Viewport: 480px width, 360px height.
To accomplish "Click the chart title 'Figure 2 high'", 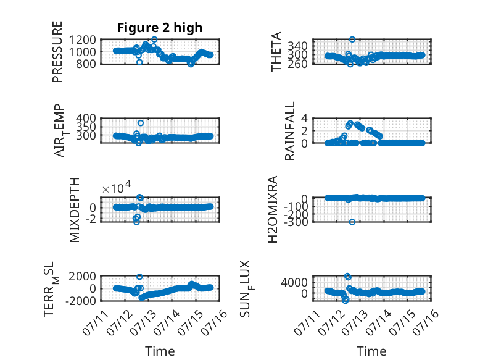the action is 160,28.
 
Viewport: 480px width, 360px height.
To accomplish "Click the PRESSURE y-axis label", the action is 57,52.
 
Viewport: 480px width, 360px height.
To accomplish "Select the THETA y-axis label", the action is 276,52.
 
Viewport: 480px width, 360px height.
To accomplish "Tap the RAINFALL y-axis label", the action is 289,131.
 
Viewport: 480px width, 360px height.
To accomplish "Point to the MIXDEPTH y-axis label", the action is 75,210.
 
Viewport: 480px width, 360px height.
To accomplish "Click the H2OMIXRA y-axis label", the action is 273,209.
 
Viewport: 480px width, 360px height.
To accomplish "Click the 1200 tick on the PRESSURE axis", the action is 82,40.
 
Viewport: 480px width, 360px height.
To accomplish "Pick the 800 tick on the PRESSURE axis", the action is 86,64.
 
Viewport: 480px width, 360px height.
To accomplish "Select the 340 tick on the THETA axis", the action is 297,46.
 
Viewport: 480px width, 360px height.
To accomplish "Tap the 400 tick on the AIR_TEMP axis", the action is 86,119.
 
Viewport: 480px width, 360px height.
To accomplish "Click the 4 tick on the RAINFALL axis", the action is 304,119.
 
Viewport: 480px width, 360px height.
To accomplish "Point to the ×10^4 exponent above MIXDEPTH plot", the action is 117,187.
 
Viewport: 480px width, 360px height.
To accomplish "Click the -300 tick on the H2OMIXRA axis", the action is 296,222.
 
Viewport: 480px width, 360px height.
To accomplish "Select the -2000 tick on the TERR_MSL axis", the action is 80,301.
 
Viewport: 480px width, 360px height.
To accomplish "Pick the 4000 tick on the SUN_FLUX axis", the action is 294,282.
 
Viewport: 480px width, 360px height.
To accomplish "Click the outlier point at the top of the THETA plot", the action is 352,40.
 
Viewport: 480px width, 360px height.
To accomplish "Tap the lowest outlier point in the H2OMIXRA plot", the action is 352,222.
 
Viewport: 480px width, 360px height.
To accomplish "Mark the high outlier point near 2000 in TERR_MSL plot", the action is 139,277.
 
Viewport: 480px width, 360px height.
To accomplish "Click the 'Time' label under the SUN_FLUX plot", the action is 371,351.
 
